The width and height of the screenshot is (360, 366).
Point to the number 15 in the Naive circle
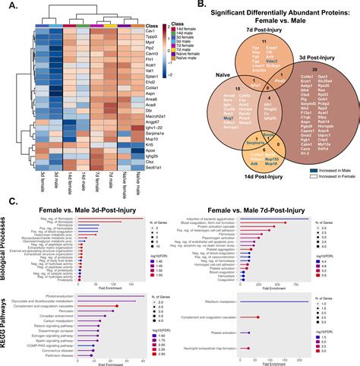[217, 90]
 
